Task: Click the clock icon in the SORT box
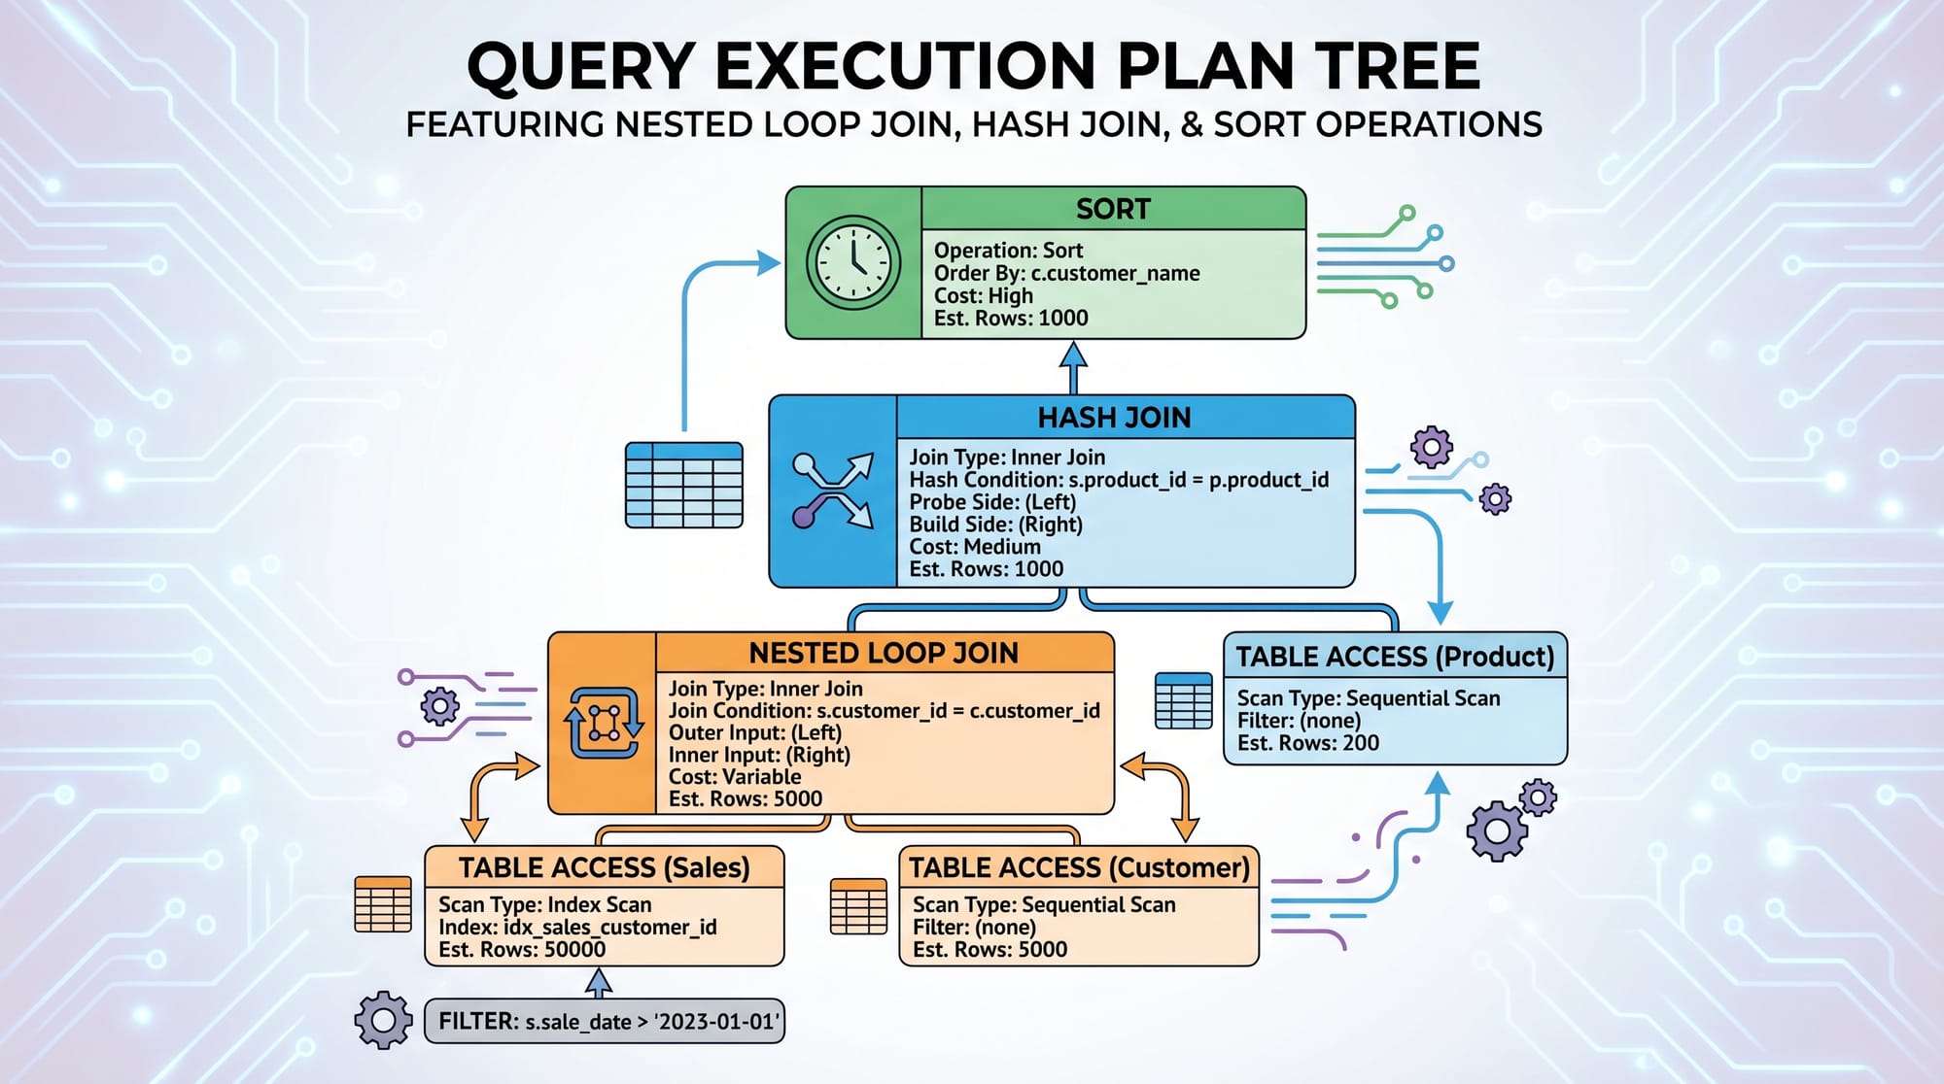tap(852, 262)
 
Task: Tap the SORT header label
tap(1113, 209)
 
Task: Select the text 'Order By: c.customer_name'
tap(1066, 273)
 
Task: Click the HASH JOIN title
tap(1114, 418)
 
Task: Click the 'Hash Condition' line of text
tap(1118, 480)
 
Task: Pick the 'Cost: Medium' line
tap(974, 547)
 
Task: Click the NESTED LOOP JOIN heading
tap(884, 653)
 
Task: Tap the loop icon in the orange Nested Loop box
tap(604, 723)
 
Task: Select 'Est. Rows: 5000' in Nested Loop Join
tap(745, 798)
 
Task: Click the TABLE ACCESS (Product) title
tap(1395, 657)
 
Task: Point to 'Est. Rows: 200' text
tap(1307, 743)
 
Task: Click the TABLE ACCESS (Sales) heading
tap(604, 867)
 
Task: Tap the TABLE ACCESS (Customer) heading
tap(1079, 867)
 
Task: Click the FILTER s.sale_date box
tap(605, 1022)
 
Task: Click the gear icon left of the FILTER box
tap(383, 1020)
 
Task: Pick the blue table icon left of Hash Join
tap(683, 485)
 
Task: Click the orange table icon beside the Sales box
tap(383, 904)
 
